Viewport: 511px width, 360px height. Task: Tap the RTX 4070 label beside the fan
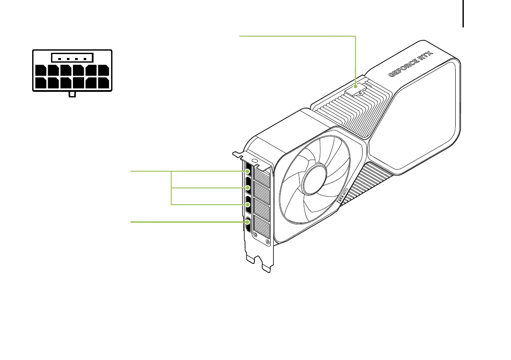[x=343, y=194]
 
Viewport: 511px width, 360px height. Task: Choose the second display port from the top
[x=249, y=188]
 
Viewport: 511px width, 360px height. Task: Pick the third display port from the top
[x=249, y=205]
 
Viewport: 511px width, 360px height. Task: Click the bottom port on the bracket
[x=248, y=224]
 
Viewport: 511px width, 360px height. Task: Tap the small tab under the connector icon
[x=72, y=94]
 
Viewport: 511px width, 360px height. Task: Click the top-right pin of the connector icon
[x=103, y=70]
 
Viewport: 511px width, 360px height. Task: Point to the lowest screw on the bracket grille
[x=268, y=242]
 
